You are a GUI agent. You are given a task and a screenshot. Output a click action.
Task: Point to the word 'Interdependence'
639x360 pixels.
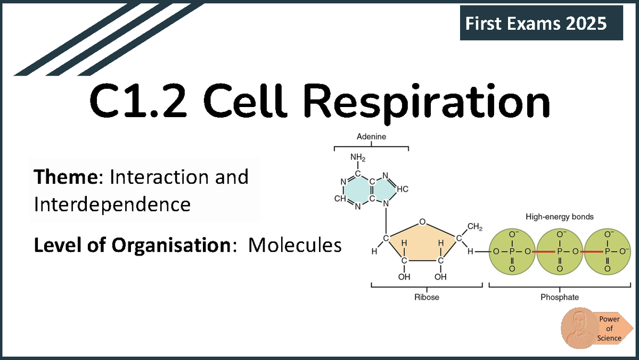pyautogui.click(x=112, y=204)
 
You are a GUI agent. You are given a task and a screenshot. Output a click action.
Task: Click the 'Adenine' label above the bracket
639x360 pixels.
pyautogui.click(x=371, y=137)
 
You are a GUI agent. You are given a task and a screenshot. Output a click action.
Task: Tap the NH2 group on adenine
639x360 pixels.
pyautogui.click(x=357, y=158)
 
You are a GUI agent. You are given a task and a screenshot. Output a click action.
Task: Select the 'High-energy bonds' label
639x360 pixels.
pyautogui.click(x=559, y=217)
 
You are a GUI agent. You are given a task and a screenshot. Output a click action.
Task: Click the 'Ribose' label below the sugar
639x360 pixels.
pyautogui.click(x=427, y=297)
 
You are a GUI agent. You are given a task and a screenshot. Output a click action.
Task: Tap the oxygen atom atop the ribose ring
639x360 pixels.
pyautogui.click(x=422, y=222)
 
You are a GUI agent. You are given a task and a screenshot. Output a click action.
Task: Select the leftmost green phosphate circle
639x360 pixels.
pyautogui.click(x=512, y=252)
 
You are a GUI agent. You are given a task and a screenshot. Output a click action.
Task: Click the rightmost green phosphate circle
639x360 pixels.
pyautogui.click(x=607, y=252)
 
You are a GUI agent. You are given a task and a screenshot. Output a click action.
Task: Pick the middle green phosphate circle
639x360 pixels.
pyautogui.click(x=560, y=252)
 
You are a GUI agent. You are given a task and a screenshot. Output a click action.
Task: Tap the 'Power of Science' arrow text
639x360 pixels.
pyautogui.click(x=609, y=329)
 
